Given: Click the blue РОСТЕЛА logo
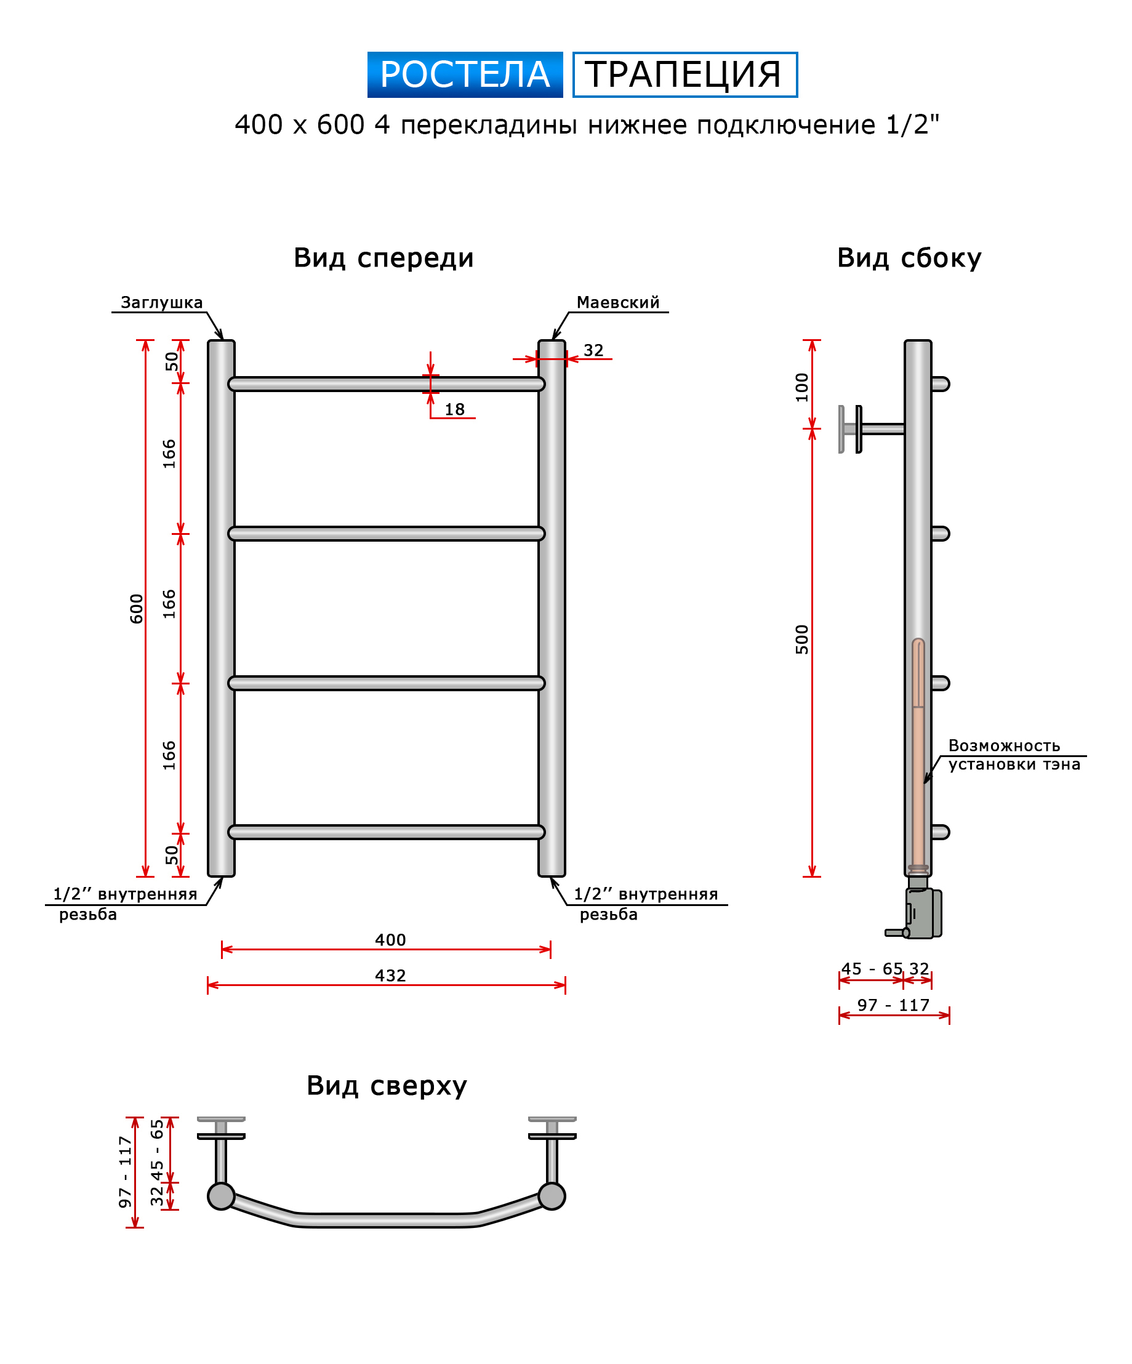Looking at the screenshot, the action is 465,74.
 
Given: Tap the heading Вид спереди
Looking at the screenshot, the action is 384,258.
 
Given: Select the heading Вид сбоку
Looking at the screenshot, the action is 909,258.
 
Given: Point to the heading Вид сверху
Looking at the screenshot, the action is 387,1085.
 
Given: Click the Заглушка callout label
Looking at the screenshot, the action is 162,303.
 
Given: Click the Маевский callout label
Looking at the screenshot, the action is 617,303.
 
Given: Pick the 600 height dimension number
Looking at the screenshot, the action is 137,609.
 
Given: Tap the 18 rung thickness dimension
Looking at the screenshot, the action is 455,409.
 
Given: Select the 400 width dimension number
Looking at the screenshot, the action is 390,940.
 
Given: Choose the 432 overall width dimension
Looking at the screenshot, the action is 390,976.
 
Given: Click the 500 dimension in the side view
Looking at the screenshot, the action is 802,639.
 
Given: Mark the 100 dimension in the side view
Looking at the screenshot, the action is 802,387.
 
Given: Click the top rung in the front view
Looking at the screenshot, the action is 387,384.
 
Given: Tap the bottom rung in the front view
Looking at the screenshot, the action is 387,832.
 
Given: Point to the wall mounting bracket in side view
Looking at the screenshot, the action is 870,428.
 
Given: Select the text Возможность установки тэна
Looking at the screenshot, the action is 1014,755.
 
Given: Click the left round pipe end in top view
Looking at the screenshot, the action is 221,1197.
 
